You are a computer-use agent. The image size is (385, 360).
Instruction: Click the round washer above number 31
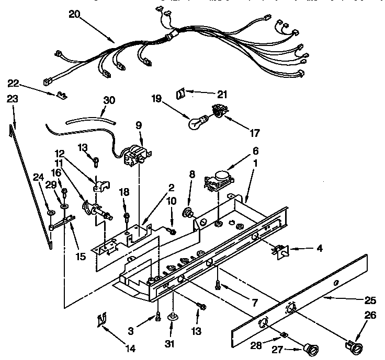(x=172, y=317)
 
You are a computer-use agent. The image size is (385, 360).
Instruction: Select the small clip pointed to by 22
(x=61, y=94)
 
